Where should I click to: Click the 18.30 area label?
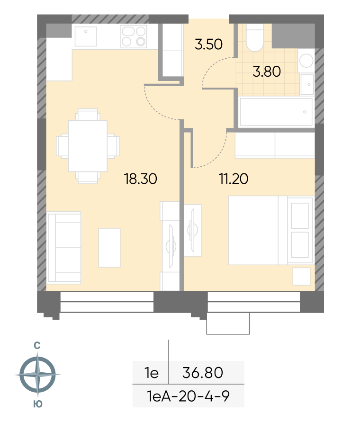140,179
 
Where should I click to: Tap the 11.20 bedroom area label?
234,179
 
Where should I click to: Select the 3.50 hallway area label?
209,45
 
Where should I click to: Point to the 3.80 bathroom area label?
267,72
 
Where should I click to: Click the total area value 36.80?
202,373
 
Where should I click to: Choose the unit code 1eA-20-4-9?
188,396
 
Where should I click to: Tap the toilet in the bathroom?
254,37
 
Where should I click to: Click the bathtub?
276,112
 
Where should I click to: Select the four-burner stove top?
134,36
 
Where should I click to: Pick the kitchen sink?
86,36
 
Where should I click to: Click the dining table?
88,146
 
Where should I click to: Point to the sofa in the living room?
64,248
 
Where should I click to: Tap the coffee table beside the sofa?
109,248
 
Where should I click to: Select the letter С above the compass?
37,345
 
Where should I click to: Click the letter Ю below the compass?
38,404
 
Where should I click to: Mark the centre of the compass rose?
37,374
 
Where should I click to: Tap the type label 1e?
152,373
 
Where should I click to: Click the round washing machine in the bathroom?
306,61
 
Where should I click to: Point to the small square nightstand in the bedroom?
302,277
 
